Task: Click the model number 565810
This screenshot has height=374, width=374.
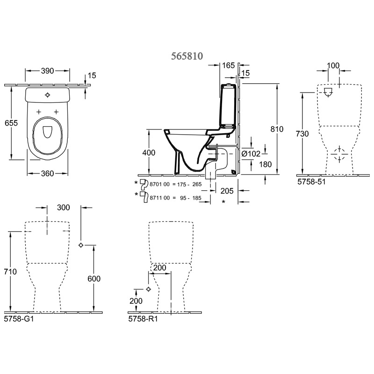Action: (187, 56)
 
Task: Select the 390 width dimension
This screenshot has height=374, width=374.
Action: (48, 71)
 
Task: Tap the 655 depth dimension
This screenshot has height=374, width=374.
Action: (11, 123)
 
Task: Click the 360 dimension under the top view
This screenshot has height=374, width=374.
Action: (47, 173)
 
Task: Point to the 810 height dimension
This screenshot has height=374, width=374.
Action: (277, 129)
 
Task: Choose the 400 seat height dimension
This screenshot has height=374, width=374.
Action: (149, 152)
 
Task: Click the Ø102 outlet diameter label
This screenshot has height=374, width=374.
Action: (251, 154)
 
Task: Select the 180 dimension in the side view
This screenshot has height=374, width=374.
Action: (265, 165)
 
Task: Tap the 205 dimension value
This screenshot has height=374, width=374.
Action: (227, 191)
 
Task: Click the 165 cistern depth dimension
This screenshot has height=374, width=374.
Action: (229, 65)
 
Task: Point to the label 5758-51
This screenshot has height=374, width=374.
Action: (311, 182)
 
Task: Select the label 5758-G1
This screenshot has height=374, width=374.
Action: (19, 319)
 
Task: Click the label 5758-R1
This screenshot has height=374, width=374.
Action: (143, 319)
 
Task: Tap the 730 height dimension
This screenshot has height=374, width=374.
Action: (302, 134)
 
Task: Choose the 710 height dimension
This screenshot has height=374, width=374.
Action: (10, 272)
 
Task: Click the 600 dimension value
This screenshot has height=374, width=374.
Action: (94, 279)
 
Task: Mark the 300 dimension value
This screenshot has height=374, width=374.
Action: (64, 208)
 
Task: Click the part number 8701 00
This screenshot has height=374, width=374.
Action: (159, 184)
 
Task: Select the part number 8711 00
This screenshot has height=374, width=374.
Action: (159, 198)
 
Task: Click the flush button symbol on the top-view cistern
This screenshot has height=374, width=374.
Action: (48, 95)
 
